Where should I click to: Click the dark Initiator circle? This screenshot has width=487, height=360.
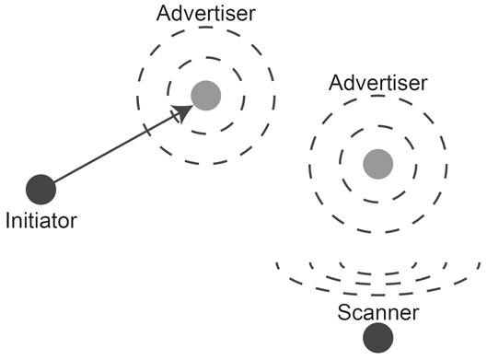[x=41, y=190]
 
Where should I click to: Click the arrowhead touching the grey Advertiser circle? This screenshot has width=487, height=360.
[x=183, y=110]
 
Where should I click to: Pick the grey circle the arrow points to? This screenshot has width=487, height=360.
[x=205, y=95]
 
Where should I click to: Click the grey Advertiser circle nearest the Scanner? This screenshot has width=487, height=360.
[x=377, y=164]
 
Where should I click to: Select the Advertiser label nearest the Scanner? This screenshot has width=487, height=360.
[x=377, y=84]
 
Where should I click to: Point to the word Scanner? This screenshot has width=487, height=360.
[x=378, y=313]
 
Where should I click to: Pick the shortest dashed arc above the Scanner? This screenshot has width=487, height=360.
[x=378, y=273]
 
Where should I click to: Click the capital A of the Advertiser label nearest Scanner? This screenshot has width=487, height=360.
[x=337, y=84]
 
